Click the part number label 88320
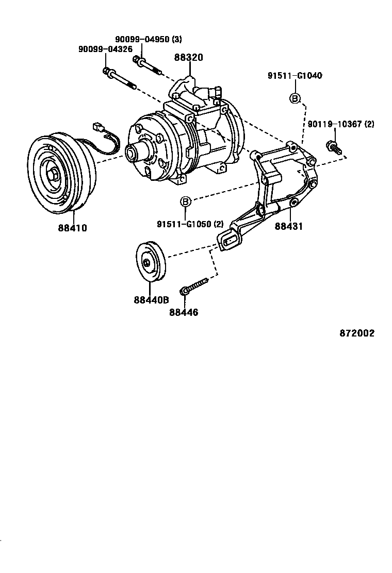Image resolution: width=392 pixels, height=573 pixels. pyautogui.click(x=188, y=58)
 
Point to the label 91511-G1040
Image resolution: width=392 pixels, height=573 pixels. pyautogui.click(x=295, y=76)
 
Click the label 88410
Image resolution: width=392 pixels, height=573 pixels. pyautogui.click(x=72, y=228)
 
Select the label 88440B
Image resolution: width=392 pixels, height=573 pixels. pyautogui.click(x=152, y=300)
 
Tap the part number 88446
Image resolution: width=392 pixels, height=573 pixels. pyautogui.click(x=183, y=312)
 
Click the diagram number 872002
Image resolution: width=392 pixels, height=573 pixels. pyautogui.click(x=357, y=333)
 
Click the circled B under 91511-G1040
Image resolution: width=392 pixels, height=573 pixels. pyautogui.click(x=295, y=98)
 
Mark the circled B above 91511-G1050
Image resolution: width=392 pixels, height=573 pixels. pyautogui.click(x=186, y=201)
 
